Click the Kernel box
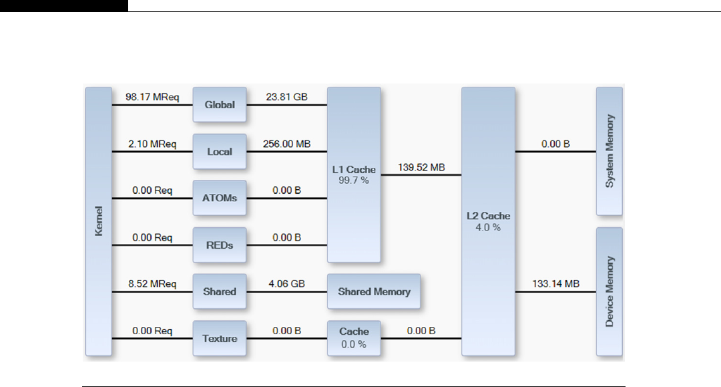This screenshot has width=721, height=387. pos(98,221)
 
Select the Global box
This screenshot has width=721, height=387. pos(220,104)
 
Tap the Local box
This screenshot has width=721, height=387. pos(220,152)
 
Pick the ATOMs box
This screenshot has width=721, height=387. pos(220,198)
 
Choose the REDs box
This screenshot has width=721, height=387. pos(220,245)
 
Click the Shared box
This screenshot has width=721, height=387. pos(220,291)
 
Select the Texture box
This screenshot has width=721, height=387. pos(220,338)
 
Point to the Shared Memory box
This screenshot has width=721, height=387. pos(374,291)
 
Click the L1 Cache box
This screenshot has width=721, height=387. pos(354,174)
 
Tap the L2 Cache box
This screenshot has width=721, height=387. pos(488,221)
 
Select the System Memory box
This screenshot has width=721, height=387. pos(609,151)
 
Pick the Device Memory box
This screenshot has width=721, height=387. pos(609,291)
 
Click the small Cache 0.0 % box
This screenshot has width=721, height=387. pos(354,338)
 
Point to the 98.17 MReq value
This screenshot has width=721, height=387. pos(152,96)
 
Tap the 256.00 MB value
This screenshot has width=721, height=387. pos(286,144)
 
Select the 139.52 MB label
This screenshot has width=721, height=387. pos(421,167)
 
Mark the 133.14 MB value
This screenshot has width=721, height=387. pos(555,284)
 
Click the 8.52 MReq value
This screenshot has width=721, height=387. pos(152,283)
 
